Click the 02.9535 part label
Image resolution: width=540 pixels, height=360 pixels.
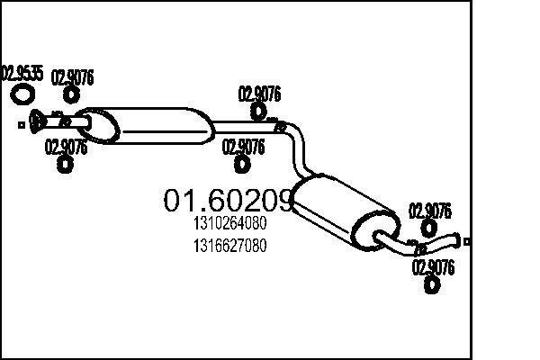coord(22,73)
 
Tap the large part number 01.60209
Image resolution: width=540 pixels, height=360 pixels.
coord(229,200)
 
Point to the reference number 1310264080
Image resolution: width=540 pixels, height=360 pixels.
coord(230,223)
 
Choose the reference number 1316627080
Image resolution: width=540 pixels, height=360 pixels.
coord(230,246)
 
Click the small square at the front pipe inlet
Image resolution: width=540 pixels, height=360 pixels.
coord(22,125)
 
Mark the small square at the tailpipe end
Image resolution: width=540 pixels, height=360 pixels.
coord(466,242)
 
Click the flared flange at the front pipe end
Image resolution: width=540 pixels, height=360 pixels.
coord(35,121)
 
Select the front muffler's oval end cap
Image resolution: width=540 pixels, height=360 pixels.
coord(98,125)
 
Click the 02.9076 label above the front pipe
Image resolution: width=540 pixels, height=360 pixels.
coord(72,77)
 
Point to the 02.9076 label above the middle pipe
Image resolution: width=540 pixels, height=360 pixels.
coord(260,94)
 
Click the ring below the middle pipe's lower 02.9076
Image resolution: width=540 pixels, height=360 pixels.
coord(242,164)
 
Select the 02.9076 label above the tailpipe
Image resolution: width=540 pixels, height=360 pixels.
coord(430,211)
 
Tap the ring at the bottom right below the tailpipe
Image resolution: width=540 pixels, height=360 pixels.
coord(431,284)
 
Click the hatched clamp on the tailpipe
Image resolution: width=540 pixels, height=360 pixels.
coord(419,248)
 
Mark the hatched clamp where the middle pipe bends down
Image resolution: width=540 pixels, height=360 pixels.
coord(280,126)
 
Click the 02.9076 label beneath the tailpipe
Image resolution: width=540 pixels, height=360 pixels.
coord(433,267)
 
